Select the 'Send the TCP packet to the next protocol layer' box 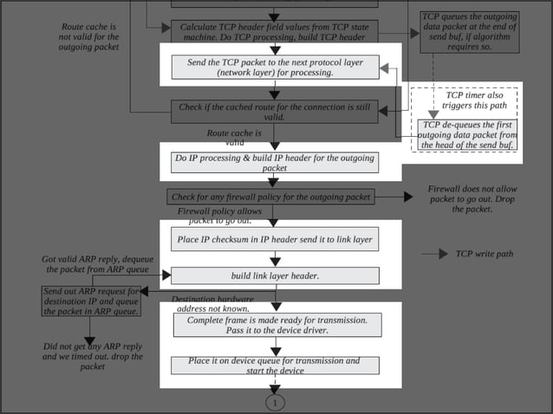(x=274, y=67)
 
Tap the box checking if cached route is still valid (x=274, y=111)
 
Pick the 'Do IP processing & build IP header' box (x=274, y=163)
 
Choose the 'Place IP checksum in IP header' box (x=274, y=239)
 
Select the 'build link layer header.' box (x=274, y=275)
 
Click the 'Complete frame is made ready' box (x=274, y=325)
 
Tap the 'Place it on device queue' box (x=274, y=365)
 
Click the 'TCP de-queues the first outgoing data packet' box (x=469, y=135)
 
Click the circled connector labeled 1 (x=275, y=403)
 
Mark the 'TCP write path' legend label (x=485, y=255)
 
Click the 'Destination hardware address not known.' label (x=212, y=303)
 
